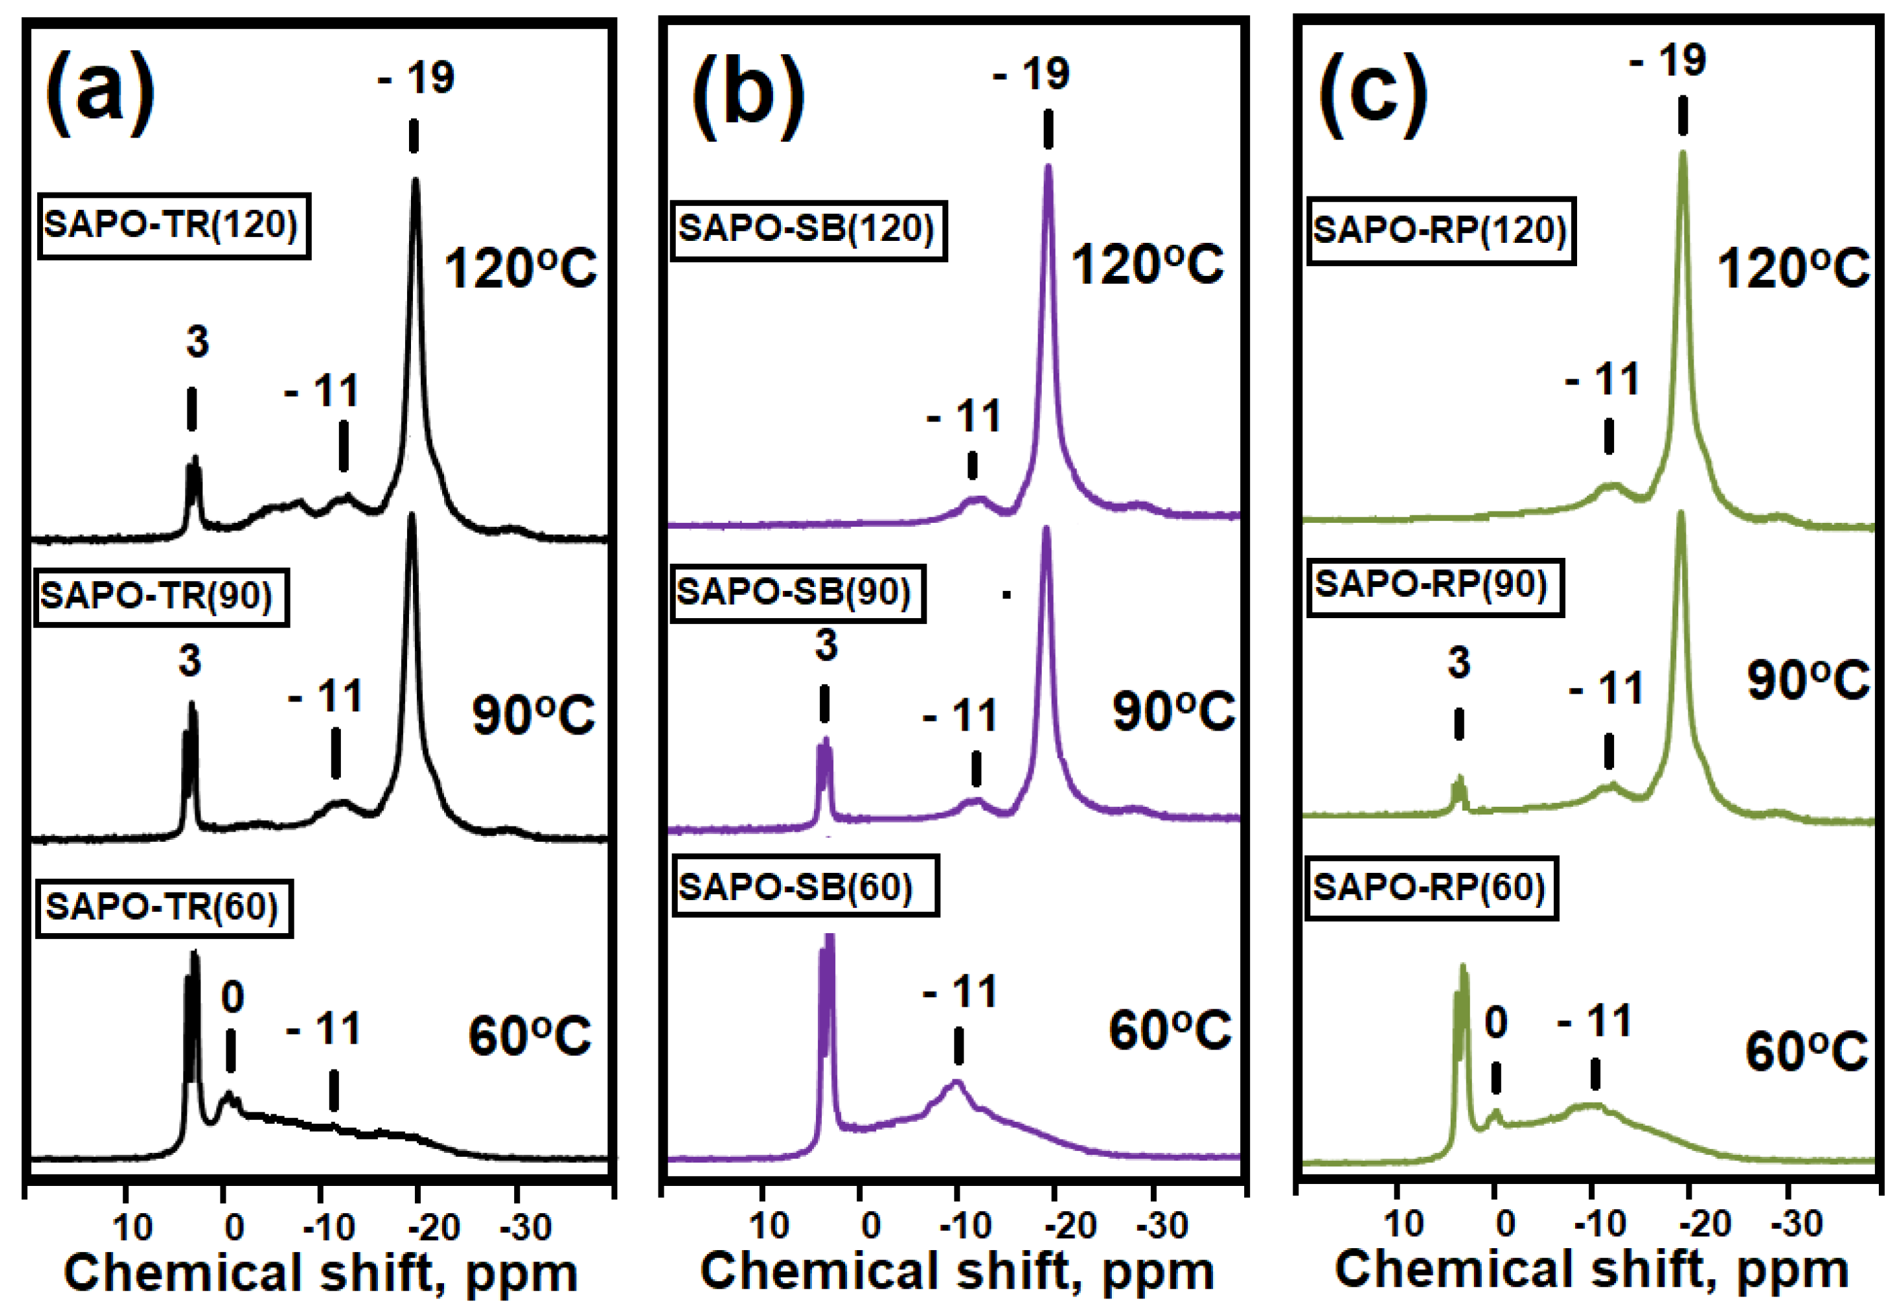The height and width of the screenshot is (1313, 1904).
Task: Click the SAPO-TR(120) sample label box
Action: pos(173,226)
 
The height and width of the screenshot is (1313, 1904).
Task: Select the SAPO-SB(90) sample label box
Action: pos(797,593)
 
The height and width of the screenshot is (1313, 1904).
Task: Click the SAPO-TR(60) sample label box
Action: pos(163,907)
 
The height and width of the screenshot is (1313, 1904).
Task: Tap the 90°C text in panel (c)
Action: pos(1807,681)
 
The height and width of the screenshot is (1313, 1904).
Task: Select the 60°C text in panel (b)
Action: pos(1169,1030)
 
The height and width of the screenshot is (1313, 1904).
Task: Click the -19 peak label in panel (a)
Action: pos(416,78)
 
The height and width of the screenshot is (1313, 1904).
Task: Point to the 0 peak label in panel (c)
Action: pos(1495,1022)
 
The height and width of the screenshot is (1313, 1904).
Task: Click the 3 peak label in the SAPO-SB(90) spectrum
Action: pos(826,646)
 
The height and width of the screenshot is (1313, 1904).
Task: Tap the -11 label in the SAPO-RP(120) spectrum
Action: pos(1602,380)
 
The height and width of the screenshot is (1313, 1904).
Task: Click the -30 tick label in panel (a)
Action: pos(525,1228)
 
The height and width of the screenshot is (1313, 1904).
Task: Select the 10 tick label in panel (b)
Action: pos(769,1226)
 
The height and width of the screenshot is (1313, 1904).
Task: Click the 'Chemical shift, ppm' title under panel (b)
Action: pos(956,1271)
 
